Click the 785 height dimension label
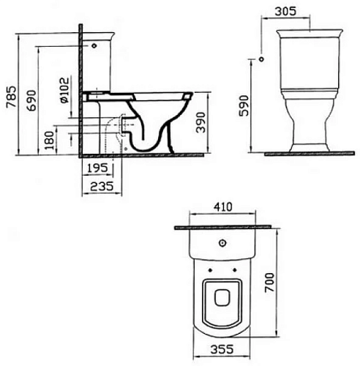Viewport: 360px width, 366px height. point(12,97)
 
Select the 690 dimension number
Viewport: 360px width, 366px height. point(31,100)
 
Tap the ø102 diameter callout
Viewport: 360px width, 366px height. point(64,90)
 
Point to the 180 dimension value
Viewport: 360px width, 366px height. point(50,141)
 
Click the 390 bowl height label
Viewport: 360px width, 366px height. point(200,122)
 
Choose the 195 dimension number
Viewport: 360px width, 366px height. point(97,168)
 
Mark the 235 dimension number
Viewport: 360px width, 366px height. point(102,187)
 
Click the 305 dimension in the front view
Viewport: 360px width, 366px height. point(285,11)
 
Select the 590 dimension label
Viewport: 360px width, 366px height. point(244,105)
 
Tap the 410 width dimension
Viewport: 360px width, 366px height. point(223,207)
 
